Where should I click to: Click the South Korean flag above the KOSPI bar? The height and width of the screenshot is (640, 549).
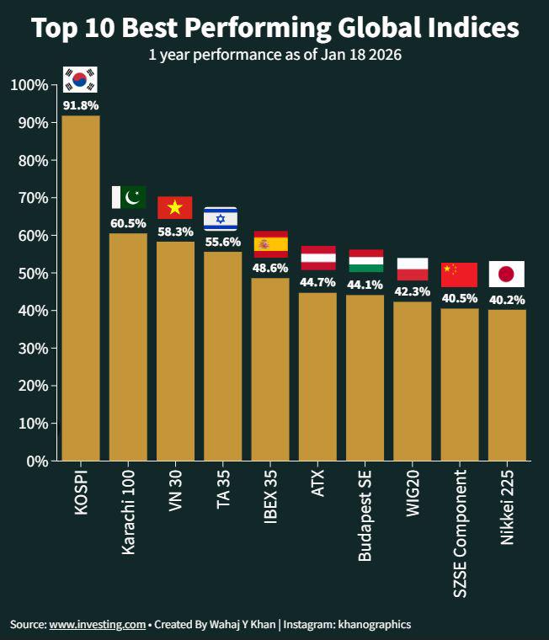click(81, 80)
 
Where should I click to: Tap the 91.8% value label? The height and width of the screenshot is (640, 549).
click(81, 106)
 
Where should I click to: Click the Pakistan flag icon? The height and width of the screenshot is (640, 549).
click(129, 197)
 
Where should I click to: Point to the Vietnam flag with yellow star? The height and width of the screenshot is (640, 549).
click(175, 207)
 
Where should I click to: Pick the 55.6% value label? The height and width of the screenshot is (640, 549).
click(222, 242)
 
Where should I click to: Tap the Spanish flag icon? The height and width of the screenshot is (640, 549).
click(270, 244)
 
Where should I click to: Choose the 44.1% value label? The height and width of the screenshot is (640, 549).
click(365, 285)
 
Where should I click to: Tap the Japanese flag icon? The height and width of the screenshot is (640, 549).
click(507, 275)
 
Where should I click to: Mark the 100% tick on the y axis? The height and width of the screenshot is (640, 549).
click(29, 85)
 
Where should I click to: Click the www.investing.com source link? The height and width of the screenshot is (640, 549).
click(98, 625)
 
